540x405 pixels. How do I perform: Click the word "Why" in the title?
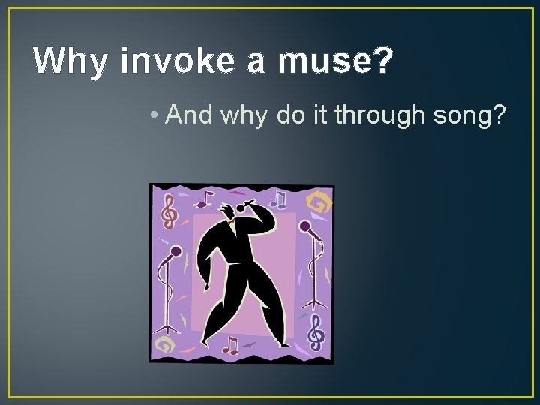coord(70,61)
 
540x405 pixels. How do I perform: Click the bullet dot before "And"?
coord(153,115)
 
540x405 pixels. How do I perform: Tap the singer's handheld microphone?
coord(244,206)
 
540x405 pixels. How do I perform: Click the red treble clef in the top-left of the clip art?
coord(169,211)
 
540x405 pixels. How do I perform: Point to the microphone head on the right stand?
coord(304,226)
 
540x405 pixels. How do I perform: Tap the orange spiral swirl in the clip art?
coord(318,203)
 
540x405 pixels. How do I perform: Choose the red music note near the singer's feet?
coord(231,345)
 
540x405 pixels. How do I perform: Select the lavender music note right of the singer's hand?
coord(279,199)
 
